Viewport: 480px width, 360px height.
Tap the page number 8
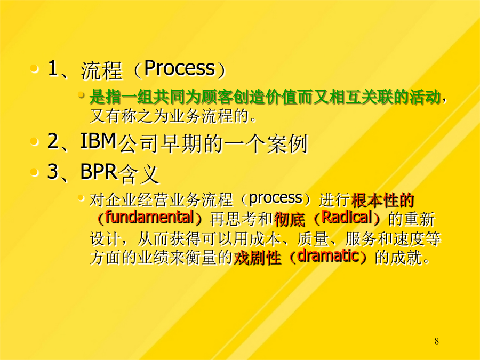point(436,341)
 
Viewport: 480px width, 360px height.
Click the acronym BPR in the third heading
point(99,171)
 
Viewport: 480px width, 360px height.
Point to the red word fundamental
point(149,217)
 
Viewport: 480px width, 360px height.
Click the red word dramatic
point(328,256)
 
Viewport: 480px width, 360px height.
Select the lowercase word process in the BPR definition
point(276,198)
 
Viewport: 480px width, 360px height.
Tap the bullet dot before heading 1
point(34,68)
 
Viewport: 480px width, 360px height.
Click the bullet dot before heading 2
point(34,141)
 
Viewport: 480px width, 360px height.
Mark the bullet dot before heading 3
point(34,172)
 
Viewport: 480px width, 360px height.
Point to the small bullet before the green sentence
point(81,95)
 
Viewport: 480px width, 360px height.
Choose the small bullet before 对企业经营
point(81,198)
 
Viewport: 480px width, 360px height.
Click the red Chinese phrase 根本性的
point(382,201)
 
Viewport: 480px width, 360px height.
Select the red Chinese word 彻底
point(290,219)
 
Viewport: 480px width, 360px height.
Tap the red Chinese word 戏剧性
point(257,258)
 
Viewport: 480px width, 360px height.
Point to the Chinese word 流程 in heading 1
point(101,70)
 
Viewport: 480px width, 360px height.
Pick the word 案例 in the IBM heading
point(286,143)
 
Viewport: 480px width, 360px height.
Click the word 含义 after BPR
point(138,174)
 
